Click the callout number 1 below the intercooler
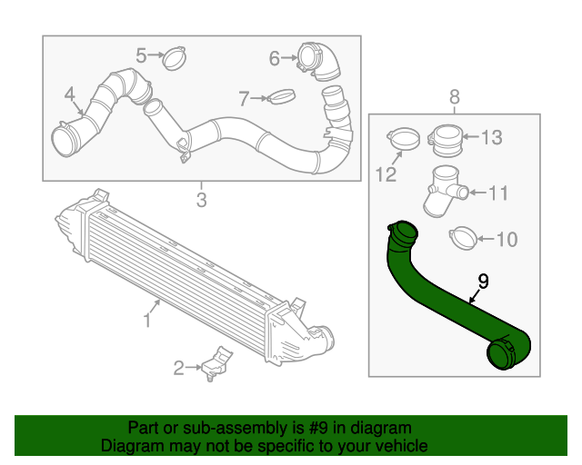point(146,320)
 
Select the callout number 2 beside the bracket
point(179,367)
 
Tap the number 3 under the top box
point(202,199)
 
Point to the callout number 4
point(69,94)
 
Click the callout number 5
point(141,55)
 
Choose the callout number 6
point(275,59)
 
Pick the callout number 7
point(243,97)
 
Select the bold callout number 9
point(483,282)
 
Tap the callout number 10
point(507,240)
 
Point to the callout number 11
point(499,193)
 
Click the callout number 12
point(386,173)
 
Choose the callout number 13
point(491,137)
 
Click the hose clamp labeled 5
point(175,59)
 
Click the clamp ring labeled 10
point(463,238)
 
